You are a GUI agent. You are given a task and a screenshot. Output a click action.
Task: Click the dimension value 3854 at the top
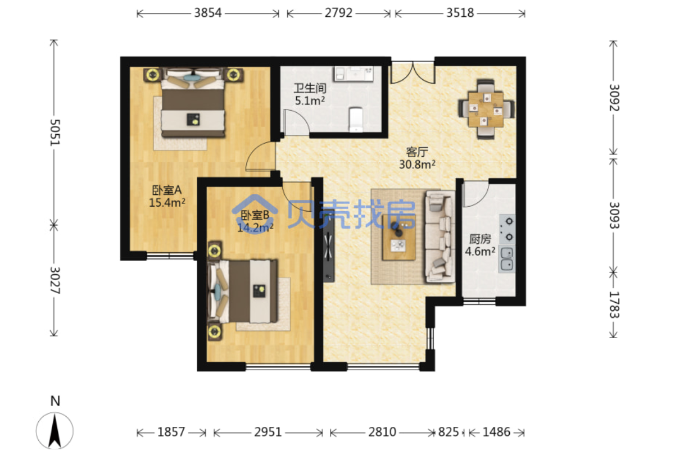point(207,13)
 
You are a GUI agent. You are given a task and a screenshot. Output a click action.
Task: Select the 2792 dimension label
point(338,13)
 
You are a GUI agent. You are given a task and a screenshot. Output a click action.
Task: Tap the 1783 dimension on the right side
point(614,305)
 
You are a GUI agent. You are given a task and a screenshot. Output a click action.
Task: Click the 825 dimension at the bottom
point(449,432)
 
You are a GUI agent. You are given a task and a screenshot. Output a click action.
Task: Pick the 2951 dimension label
point(268,432)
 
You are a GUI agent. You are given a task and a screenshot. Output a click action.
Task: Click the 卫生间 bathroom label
point(310,88)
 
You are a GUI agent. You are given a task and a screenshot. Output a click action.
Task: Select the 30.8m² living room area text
point(417,164)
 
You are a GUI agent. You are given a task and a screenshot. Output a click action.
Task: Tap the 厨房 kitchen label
point(480,239)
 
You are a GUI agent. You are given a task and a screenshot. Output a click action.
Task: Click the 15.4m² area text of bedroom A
point(167,203)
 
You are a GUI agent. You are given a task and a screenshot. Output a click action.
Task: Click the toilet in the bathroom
point(356,119)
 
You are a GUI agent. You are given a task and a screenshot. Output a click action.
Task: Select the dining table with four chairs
point(486,109)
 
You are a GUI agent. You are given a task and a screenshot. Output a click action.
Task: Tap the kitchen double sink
point(507,259)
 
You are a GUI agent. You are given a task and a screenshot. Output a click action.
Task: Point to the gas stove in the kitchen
point(507,229)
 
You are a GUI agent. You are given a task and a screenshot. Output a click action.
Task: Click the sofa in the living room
point(440,236)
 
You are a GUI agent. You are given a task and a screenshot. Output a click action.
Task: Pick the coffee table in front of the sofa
point(399,238)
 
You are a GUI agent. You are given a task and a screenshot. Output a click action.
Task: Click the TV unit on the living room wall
point(329,246)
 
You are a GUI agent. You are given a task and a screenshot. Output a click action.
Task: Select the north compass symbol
point(55,431)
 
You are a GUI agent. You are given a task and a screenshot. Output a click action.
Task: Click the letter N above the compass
point(55,401)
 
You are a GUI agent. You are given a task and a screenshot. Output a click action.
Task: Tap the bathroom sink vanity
point(354,74)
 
